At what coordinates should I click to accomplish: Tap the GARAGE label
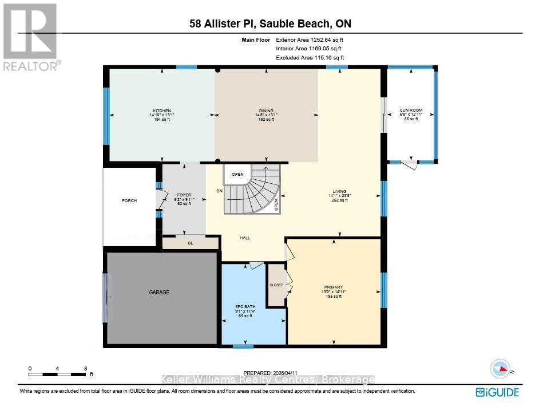click(x=159, y=293)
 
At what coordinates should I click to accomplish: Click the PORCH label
click(x=129, y=200)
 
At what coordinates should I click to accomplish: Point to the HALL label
click(x=245, y=238)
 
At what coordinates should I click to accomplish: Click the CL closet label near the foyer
click(x=191, y=243)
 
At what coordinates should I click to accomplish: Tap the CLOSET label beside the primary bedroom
click(x=277, y=285)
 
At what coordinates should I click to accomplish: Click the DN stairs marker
click(x=219, y=191)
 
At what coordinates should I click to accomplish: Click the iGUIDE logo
click(x=497, y=392)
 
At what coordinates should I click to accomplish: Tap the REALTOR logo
click(x=30, y=37)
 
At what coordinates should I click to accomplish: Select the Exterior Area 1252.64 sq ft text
click(x=310, y=40)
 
